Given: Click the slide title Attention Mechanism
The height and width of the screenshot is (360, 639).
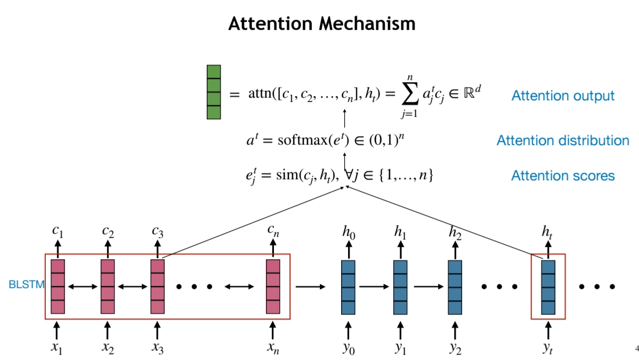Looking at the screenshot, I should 321,23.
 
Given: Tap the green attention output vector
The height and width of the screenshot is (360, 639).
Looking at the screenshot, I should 213,92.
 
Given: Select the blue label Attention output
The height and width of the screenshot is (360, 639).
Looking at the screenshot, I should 563,96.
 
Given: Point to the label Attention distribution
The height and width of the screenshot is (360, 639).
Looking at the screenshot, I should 563,141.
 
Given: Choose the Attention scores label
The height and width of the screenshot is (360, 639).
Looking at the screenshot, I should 563,175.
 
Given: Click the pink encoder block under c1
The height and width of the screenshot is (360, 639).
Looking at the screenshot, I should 58,286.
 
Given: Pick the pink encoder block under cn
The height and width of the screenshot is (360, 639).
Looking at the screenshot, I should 273,286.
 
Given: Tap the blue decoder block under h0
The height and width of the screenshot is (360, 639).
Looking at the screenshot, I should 348,286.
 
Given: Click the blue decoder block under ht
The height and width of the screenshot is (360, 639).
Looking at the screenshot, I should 548,286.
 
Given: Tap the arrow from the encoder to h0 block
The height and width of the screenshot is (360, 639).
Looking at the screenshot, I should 310,287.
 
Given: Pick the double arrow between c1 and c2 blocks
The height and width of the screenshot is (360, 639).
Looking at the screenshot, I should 83,287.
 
